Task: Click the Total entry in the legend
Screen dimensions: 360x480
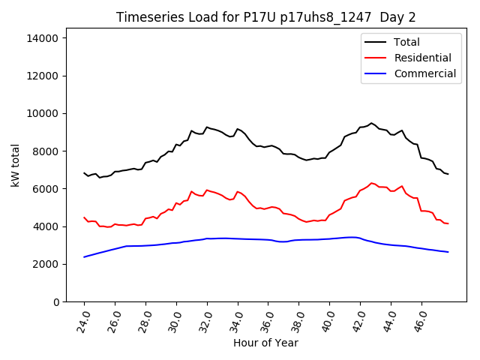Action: tap(406, 42)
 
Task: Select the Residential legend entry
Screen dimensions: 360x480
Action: tap(422, 58)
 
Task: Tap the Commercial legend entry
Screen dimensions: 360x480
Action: tap(424, 73)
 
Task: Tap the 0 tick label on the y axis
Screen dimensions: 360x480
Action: tap(64, 301)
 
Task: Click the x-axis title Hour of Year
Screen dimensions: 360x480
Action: tap(265, 343)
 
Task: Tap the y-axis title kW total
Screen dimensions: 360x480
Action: tap(16, 164)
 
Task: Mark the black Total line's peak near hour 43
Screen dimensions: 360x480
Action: tap(371, 123)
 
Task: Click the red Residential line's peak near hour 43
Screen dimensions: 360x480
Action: tap(371, 183)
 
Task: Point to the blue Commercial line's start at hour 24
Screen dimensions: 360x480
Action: tap(84, 257)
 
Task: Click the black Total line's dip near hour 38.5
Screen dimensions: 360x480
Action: tap(307, 160)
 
